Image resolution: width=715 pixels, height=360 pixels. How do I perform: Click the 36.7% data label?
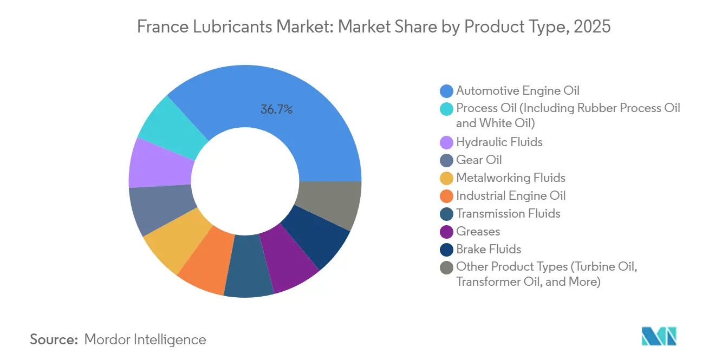[276, 109]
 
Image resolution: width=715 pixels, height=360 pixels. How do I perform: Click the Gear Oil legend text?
[479, 160]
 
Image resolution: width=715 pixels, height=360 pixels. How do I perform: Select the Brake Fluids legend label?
[489, 249]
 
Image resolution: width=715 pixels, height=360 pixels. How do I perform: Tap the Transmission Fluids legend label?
[508, 213]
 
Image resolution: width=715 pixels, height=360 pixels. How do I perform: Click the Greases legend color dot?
[446, 232]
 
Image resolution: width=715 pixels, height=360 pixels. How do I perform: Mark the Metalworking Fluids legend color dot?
[446, 178]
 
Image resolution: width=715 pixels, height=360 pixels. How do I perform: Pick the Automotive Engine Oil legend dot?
[446, 91]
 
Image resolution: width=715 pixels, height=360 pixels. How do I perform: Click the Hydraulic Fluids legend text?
[499, 142]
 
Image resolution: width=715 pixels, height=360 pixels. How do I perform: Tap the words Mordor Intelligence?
[145, 339]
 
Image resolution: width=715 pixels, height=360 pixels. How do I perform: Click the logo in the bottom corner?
[659, 336]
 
